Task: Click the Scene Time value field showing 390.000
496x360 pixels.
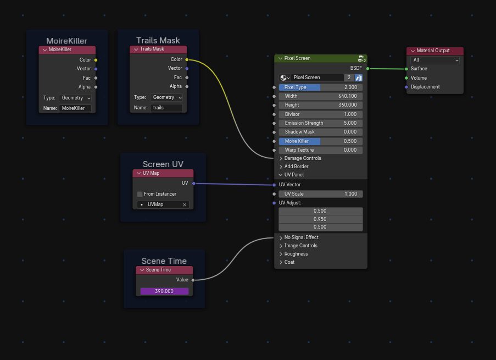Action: click(164, 291)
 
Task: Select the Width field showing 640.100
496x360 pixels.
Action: click(321, 96)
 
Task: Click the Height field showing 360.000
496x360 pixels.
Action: click(321, 105)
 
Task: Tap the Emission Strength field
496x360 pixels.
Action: click(321, 123)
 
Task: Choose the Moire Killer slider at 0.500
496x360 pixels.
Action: click(321, 141)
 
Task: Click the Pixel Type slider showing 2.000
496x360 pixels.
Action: click(321, 87)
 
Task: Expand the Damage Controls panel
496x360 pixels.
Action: click(302, 158)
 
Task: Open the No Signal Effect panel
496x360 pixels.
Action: click(301, 237)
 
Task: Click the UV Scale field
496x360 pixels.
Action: click(321, 194)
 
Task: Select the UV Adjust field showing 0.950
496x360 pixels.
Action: click(321, 219)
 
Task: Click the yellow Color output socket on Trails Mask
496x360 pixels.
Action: click(187, 59)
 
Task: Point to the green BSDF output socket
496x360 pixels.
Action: click(367, 68)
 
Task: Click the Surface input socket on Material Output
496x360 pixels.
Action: click(406, 69)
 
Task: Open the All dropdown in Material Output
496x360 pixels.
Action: click(435, 60)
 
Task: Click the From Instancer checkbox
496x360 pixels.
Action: click(140, 194)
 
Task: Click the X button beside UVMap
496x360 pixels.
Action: click(185, 204)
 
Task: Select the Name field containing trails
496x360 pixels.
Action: click(166, 108)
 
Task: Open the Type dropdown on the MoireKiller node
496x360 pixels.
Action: click(75, 97)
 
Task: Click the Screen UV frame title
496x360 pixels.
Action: click(163, 164)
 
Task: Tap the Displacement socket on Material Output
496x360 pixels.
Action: click(406, 87)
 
